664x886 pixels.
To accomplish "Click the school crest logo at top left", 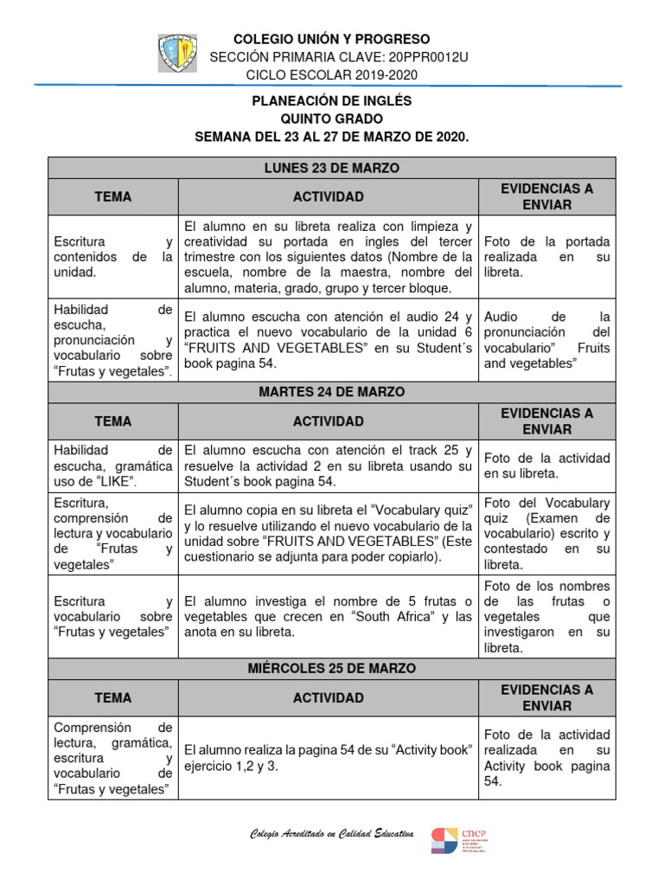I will coord(177,54).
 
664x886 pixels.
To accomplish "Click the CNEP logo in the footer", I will coord(459,839).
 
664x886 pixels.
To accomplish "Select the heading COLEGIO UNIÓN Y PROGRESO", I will coord(332,39).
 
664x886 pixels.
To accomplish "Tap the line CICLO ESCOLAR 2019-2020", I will coord(332,74).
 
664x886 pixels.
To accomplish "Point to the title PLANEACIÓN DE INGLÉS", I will coord(332,100).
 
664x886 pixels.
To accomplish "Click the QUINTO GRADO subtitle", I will coord(332,119).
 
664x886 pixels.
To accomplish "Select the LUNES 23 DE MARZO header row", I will coord(332,168).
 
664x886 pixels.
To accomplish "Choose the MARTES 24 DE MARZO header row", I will coord(332,392).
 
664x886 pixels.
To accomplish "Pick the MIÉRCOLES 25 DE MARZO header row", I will coord(332,669).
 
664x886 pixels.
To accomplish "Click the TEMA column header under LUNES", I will coord(113,196).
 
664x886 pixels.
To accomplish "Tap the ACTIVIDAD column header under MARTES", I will coord(328,421).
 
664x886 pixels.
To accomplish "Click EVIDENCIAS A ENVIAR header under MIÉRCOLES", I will coord(546,697).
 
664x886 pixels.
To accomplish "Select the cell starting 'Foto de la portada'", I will coord(546,257).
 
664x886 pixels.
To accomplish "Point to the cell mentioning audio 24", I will coord(328,339).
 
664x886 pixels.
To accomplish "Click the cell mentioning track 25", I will coord(328,465).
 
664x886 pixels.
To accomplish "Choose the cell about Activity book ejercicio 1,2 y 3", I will coord(328,757).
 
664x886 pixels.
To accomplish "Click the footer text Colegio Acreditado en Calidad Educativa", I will coord(331,834).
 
